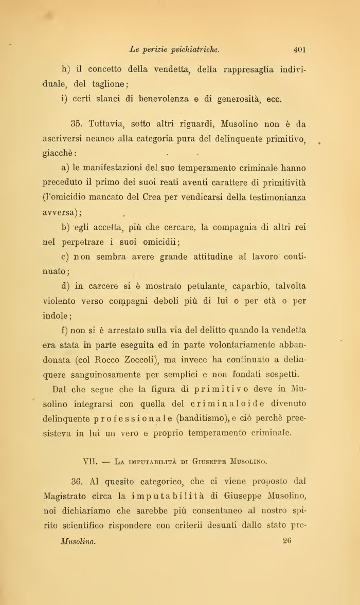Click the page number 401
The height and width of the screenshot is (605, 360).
point(300,50)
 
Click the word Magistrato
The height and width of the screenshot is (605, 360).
point(68,497)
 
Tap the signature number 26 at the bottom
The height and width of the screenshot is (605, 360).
point(287,541)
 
